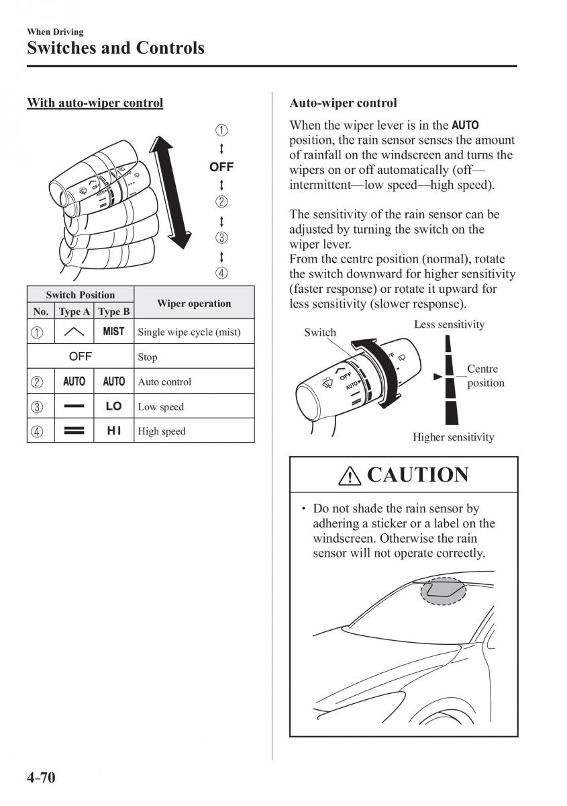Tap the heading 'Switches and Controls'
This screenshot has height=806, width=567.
(x=115, y=48)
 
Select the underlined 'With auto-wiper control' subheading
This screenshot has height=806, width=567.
(x=95, y=103)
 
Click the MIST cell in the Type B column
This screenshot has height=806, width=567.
(x=113, y=331)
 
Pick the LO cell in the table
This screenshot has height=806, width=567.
(x=113, y=406)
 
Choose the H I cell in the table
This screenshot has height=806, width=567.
(x=113, y=431)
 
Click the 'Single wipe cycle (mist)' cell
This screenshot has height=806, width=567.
(x=189, y=332)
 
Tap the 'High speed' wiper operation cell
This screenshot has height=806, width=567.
(x=161, y=431)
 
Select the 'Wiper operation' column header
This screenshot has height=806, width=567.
(x=193, y=303)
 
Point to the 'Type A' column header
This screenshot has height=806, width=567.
(x=74, y=312)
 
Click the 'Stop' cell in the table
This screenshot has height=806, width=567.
(x=148, y=357)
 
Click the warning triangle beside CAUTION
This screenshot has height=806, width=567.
(x=350, y=476)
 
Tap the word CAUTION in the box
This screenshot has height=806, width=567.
(x=417, y=475)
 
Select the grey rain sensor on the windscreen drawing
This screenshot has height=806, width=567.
(x=443, y=590)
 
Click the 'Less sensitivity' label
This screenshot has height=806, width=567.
(x=449, y=324)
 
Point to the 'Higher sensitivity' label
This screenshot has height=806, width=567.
(x=453, y=437)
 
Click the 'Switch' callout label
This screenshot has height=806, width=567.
(x=319, y=332)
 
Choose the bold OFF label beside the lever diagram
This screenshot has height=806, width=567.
(x=221, y=167)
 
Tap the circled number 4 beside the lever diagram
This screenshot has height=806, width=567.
(x=221, y=273)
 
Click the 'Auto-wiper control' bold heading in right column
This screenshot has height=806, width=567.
(x=343, y=103)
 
